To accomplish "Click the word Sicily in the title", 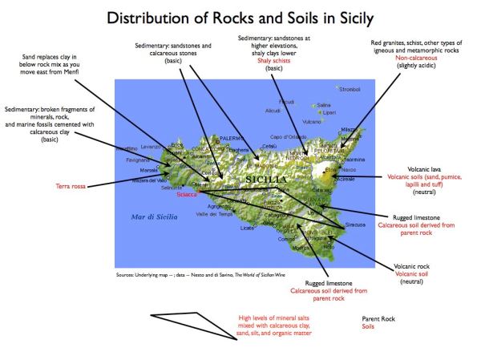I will pos(350,17).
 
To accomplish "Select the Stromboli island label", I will pos(350,89).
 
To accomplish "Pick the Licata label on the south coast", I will pos(248,229).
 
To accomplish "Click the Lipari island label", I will pos(329,112).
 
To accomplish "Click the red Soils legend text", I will pos(368,327).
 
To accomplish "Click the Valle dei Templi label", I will pos(213,214).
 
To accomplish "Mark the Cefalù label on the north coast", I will pos(270,146).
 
